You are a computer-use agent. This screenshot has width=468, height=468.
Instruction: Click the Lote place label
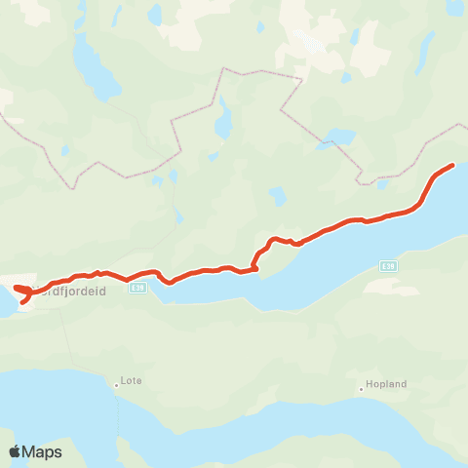pos(129,382)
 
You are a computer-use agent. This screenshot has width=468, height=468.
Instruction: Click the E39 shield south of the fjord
pos(388,264)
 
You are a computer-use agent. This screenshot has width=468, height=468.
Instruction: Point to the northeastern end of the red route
pos(452,165)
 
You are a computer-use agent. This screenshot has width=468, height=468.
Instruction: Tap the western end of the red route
pos(17,289)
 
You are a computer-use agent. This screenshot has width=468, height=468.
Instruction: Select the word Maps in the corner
pos(43,451)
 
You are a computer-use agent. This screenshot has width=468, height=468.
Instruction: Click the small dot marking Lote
pos(116,384)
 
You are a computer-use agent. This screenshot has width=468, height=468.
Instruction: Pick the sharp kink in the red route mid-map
pos(255,261)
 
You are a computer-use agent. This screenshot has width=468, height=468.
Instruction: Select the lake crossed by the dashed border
pos(339,136)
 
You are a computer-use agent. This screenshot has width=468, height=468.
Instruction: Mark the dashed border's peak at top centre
pos(223,69)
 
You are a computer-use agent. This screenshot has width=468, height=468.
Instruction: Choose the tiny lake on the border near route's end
pos(382,183)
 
